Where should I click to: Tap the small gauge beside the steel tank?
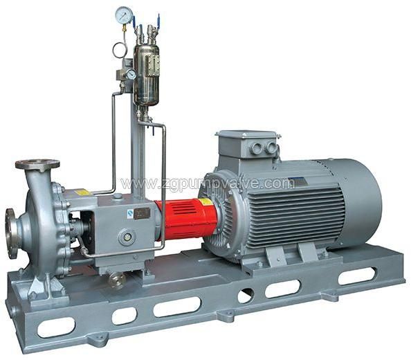coord(131,74)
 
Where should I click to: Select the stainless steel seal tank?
coord(146,75)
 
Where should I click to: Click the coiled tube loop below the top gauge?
coord(120,50)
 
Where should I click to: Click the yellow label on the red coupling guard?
coord(205,202)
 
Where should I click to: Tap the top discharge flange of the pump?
coord(37,164)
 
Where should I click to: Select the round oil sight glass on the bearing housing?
coord(127,237)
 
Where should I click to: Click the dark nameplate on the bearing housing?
coord(142,213)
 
